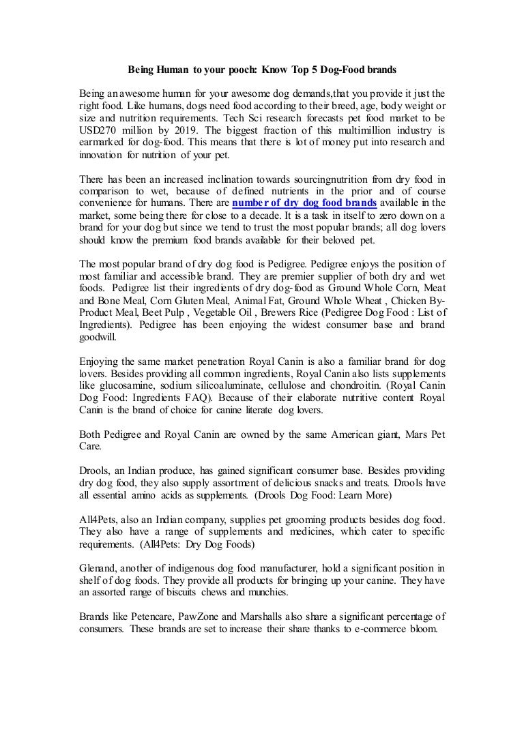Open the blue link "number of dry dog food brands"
click(304, 203)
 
